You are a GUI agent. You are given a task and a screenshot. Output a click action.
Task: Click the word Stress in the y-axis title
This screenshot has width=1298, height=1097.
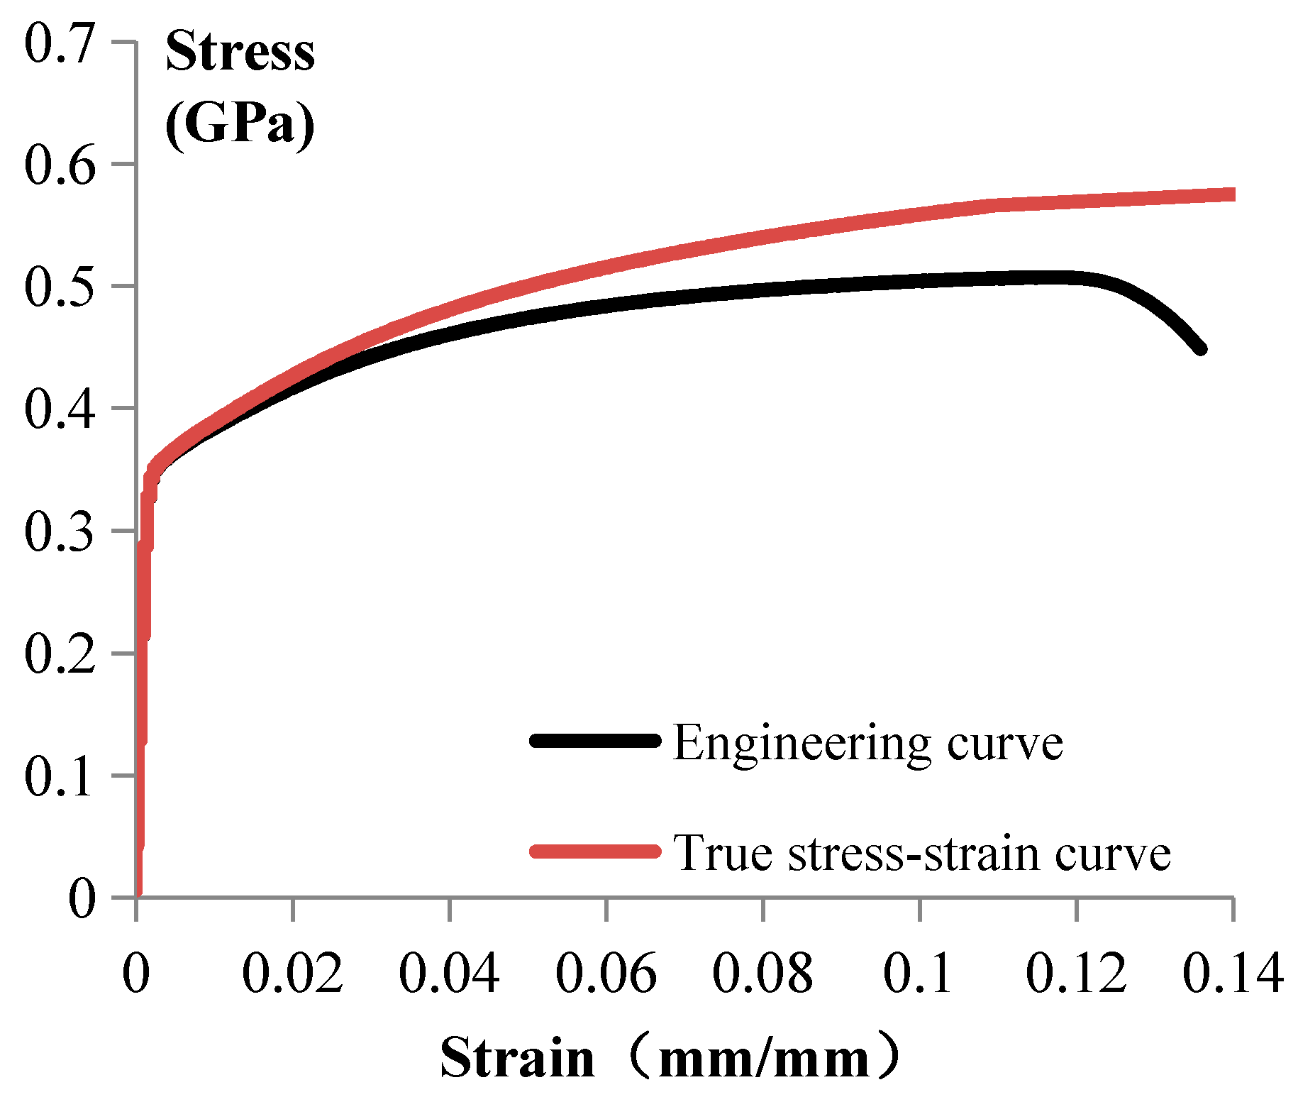(240, 53)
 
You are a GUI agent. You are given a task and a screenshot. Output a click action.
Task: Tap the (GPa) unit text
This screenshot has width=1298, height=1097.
(240, 125)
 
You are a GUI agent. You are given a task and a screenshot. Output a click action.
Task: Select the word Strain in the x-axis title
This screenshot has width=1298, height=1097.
(517, 1058)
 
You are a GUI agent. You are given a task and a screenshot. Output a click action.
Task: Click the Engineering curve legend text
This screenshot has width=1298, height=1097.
(867, 743)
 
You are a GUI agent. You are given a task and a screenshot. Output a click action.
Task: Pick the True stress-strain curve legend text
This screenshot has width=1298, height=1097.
(921, 852)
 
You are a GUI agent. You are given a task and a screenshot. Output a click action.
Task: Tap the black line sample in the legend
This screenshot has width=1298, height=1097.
(594, 741)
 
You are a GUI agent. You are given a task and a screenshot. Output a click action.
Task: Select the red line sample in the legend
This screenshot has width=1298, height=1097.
(594, 850)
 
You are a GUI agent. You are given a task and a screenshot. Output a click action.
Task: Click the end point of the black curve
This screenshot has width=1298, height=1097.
(1200, 349)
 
